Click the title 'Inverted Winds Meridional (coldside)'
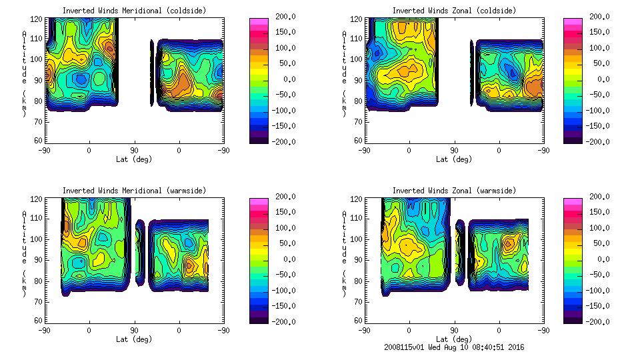(x=135, y=11)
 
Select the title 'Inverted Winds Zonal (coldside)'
(x=454, y=11)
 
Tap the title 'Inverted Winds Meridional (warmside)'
(x=135, y=191)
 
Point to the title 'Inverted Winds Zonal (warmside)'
(x=454, y=191)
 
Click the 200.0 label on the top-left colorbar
(x=281, y=17)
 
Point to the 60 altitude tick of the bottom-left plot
(x=38, y=321)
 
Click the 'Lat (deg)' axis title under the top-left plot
(x=135, y=159)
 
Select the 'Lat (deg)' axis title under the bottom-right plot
(x=454, y=339)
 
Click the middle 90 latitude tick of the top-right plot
(x=454, y=151)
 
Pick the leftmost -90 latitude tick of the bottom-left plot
(x=44, y=330)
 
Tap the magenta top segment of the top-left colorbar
(x=258, y=22)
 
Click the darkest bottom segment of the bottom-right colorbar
(x=572, y=319)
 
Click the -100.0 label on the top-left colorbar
(x=281, y=111)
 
